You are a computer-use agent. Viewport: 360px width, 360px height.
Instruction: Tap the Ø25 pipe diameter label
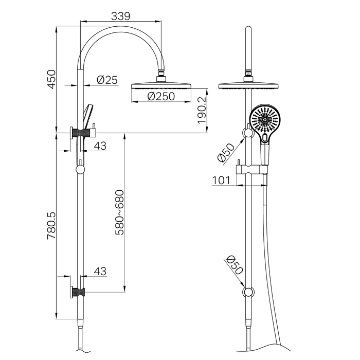tap(107, 80)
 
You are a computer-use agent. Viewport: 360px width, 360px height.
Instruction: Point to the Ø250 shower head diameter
tap(161, 96)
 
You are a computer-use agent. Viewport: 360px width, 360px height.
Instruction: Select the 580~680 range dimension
tap(119, 212)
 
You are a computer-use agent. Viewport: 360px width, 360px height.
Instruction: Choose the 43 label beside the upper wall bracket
tap(100, 146)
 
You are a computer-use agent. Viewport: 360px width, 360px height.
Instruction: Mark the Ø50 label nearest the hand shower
tap(226, 153)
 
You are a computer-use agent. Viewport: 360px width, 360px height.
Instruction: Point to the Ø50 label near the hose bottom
tap(233, 265)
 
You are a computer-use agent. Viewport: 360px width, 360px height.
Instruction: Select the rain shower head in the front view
tap(248, 85)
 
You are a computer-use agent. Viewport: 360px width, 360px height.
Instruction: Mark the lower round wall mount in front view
tap(248, 293)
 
